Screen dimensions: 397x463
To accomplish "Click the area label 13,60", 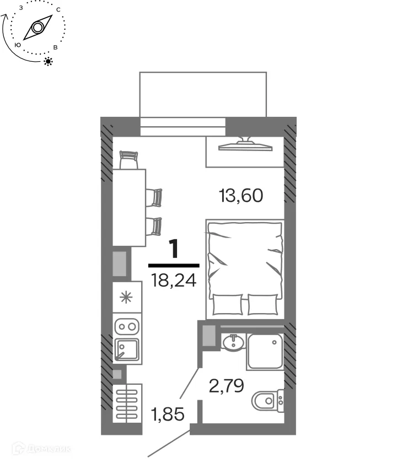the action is [241, 196].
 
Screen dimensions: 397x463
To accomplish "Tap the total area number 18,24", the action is [174, 281].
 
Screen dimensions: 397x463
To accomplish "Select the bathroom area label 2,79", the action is [226, 386].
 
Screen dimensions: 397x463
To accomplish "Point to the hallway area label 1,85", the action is [168, 414].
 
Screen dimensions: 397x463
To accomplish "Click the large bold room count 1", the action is [174, 249].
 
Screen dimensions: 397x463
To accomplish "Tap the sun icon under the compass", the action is [48, 61].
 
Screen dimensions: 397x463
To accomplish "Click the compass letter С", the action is [58, 10].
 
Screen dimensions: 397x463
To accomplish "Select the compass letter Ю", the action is [18, 45].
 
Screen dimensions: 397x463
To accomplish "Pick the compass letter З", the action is [21, 8].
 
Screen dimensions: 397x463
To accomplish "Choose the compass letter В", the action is [55, 47].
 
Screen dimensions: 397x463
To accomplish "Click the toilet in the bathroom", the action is [267, 401].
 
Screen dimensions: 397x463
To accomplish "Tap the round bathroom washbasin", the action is [234, 342].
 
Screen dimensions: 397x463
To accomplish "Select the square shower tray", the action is [265, 352].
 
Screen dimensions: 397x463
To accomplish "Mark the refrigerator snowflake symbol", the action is [126, 297].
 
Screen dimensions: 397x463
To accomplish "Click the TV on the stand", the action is [245, 144].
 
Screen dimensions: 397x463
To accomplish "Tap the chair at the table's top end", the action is [129, 160].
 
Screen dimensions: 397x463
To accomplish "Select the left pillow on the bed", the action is [227, 304].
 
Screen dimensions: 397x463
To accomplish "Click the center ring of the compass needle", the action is [37, 28].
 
